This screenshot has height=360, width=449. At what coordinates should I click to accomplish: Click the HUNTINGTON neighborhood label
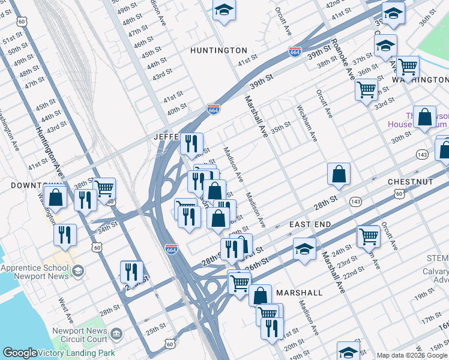218,50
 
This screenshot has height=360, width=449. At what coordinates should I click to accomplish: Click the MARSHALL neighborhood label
300,293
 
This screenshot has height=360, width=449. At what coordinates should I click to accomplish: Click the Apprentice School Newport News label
36,272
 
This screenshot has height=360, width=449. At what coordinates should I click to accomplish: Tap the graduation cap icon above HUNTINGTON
224,10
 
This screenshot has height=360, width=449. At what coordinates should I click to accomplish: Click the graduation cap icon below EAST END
305,248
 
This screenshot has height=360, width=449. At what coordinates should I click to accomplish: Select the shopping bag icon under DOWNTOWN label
55,197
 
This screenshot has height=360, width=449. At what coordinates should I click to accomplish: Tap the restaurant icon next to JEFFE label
191,143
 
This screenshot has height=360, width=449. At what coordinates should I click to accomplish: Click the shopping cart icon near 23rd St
368,236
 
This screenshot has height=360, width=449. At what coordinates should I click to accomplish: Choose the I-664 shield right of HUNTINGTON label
295,52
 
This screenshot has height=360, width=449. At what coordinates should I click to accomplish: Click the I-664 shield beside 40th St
213,109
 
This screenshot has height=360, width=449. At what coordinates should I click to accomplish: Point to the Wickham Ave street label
307,123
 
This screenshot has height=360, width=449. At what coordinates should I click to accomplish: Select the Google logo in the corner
19,353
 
